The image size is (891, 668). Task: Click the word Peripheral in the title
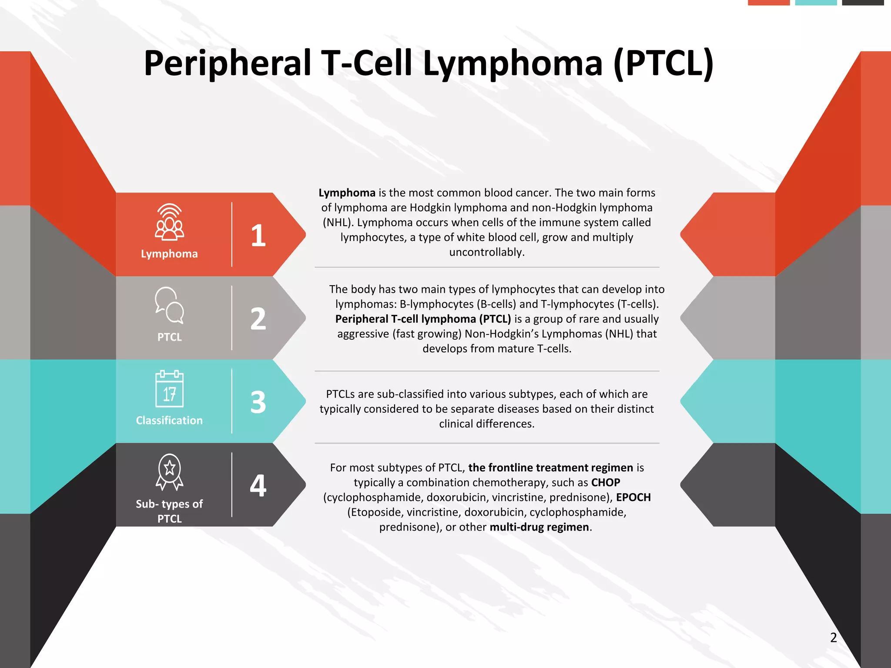(227, 64)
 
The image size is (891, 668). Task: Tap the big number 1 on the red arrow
(258, 235)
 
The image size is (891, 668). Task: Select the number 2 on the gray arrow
(258, 319)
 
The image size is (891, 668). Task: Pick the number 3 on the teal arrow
(258, 402)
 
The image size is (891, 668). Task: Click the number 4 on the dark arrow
(258, 486)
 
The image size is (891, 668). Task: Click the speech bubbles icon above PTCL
(169, 305)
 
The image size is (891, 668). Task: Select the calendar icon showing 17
(169, 389)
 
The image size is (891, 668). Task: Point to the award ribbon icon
(169, 472)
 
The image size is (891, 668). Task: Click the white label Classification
(169, 421)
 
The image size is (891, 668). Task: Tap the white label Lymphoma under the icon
(169, 254)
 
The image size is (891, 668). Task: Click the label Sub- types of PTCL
(169, 511)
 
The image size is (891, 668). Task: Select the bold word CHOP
(605, 483)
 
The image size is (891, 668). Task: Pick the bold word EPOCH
(633, 498)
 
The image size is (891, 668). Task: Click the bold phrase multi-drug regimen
(539, 527)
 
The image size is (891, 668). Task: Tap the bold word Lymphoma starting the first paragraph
(347, 193)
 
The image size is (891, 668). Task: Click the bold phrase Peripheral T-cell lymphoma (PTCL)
(423, 319)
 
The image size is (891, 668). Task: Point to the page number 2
(833, 638)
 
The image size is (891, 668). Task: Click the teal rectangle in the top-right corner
(816, 3)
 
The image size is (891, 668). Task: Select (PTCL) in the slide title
(663, 64)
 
